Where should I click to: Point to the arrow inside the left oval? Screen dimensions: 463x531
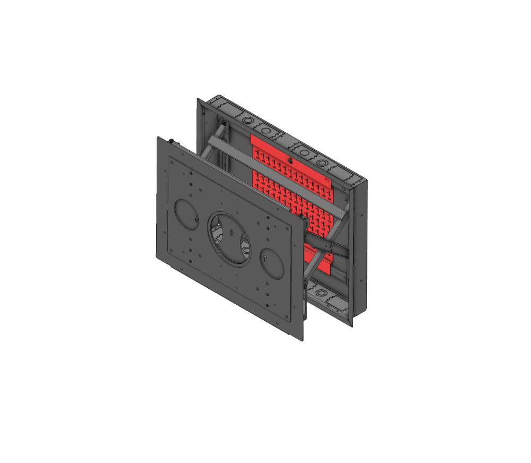tap(195, 219)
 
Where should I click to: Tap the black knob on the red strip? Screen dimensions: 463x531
tap(289, 159)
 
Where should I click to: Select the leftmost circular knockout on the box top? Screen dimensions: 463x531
tap(247, 121)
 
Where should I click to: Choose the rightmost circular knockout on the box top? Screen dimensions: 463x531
tap(323, 161)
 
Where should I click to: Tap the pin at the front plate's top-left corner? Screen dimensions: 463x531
tap(172, 141)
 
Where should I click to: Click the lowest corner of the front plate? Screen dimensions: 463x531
tap(302, 340)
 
